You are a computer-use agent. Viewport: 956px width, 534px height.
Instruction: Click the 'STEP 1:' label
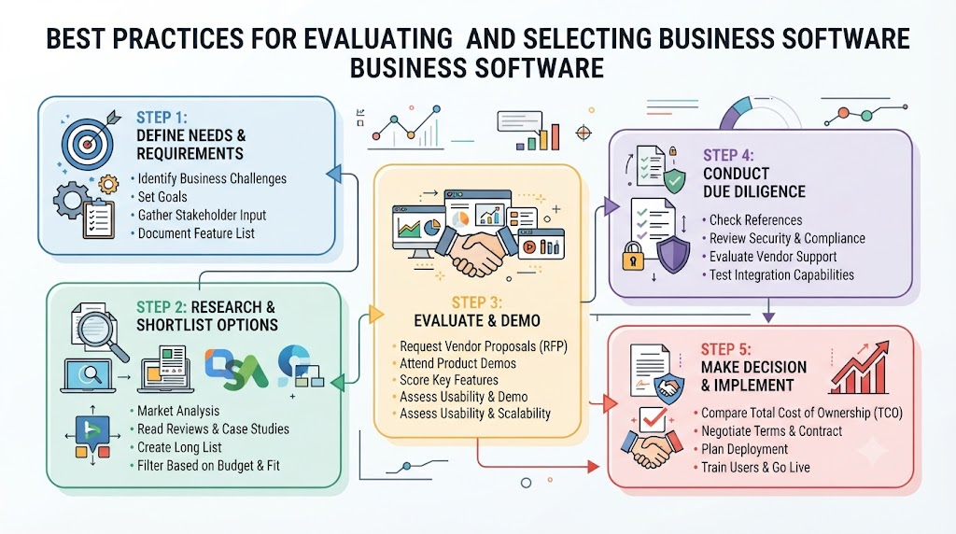click(162, 118)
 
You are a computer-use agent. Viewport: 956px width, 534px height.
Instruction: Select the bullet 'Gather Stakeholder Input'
click(202, 215)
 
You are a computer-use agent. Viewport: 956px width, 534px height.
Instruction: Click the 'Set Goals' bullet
click(162, 197)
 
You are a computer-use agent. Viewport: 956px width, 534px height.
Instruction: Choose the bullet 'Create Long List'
click(179, 447)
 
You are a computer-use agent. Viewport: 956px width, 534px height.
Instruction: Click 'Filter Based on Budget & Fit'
click(208, 466)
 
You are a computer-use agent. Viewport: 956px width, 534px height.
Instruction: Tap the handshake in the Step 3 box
click(477, 251)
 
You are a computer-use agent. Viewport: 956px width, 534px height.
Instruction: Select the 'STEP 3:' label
click(477, 303)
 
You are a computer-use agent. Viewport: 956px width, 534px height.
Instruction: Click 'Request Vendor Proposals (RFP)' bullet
click(484, 347)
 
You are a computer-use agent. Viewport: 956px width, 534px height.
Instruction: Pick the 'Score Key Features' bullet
click(449, 380)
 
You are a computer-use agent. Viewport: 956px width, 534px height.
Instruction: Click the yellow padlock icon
click(633, 256)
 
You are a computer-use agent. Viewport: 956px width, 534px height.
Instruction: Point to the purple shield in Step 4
click(673, 255)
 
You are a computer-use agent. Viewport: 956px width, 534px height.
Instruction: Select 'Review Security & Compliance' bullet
click(787, 238)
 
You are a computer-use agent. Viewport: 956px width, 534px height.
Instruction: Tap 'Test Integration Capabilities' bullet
click(781, 274)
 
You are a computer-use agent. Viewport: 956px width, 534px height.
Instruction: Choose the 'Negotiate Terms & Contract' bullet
click(771, 431)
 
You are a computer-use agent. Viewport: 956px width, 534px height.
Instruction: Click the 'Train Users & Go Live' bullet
click(755, 468)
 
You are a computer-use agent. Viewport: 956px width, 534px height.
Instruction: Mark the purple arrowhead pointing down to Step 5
click(769, 316)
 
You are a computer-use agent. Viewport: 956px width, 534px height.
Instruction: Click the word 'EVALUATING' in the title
click(378, 39)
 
